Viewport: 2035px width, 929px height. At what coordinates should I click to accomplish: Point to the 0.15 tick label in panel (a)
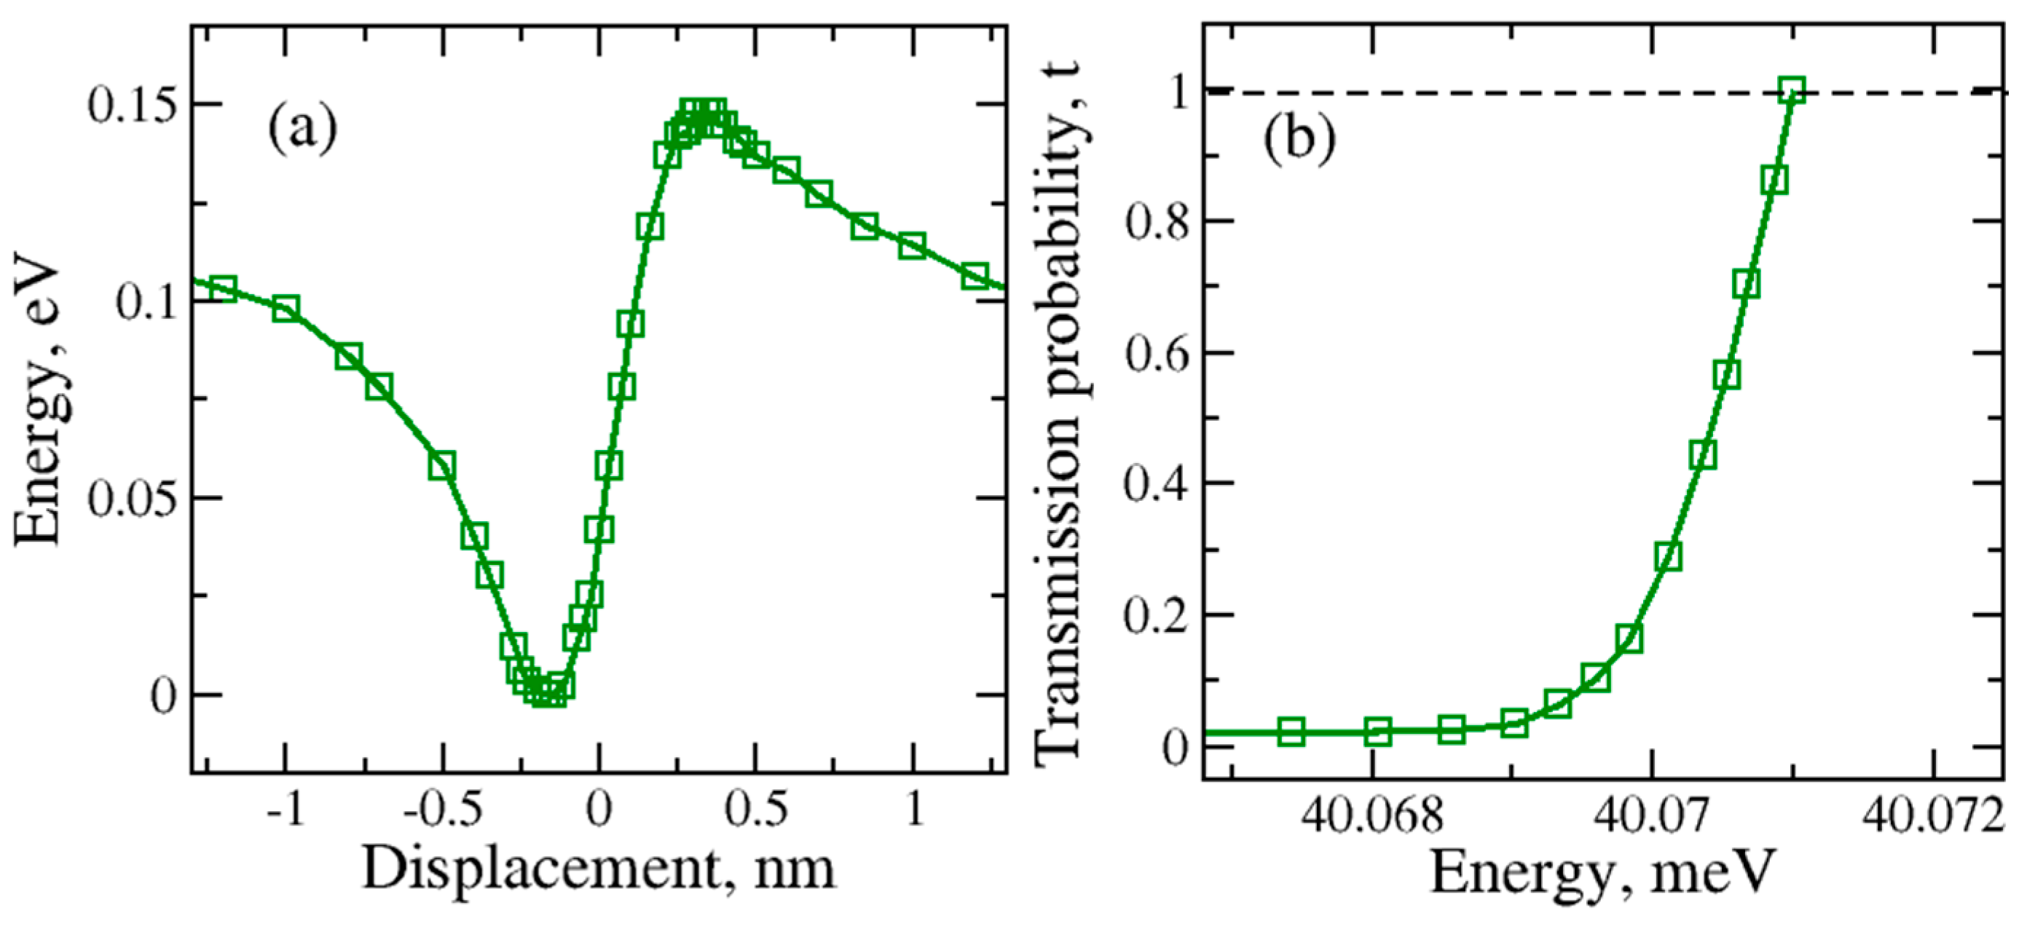coord(131,106)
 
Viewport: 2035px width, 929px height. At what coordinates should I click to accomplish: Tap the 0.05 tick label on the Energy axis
coord(131,500)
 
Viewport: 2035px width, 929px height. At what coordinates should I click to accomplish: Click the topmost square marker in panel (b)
coord(1793,90)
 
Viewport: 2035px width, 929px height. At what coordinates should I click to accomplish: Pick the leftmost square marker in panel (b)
coord(1291,732)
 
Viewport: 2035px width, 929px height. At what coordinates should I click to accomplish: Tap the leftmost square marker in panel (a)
coord(224,288)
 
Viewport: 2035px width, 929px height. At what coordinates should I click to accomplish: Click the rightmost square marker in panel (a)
coord(976,276)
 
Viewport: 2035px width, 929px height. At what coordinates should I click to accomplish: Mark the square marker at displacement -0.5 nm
coord(442,466)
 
